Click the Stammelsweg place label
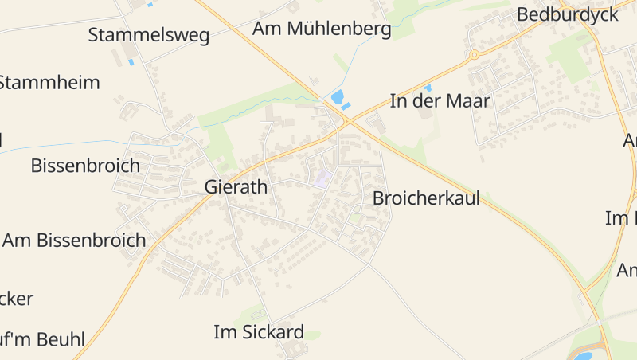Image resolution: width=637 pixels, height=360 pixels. coord(149,35)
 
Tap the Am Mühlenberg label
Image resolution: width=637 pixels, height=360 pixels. coord(322,29)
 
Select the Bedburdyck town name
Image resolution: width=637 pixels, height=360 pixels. coord(567,14)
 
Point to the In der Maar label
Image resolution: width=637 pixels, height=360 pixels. coord(440,101)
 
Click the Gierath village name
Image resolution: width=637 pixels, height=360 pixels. coord(236,187)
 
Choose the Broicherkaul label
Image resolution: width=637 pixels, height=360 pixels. coord(426,198)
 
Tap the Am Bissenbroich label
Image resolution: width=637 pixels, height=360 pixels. coord(74,241)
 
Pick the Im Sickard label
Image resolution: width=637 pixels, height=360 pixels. coord(259,332)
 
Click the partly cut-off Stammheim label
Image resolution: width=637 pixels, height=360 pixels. coord(49,83)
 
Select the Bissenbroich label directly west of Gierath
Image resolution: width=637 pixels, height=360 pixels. coord(85,166)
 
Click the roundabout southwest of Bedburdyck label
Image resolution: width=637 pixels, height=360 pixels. coord(474,55)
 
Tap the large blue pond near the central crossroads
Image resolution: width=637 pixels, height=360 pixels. coord(338,98)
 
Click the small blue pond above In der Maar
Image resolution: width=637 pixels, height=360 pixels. coord(428,87)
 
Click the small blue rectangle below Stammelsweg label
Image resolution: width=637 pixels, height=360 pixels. coord(131,61)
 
